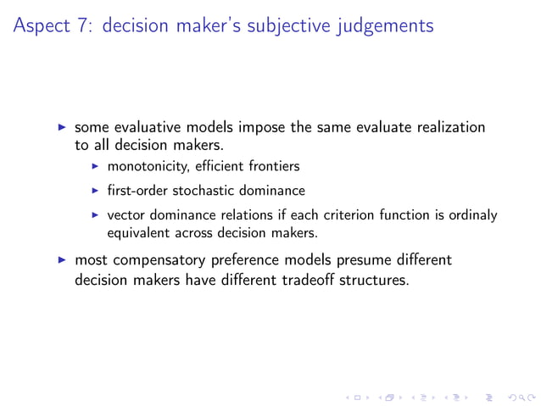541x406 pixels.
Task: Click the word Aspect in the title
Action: [39, 26]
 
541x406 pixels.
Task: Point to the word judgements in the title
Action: [393, 26]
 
